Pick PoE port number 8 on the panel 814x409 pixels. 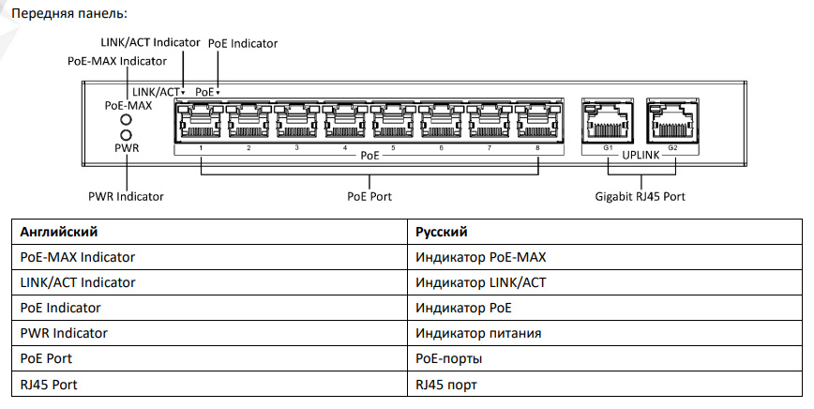click(x=537, y=122)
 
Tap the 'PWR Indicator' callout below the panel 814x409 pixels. click(x=126, y=197)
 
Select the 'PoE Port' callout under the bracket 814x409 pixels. click(x=369, y=197)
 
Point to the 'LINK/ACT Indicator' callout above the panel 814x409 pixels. click(x=150, y=42)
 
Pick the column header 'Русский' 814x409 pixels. click(x=441, y=231)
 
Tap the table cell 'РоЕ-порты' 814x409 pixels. click(x=449, y=358)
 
